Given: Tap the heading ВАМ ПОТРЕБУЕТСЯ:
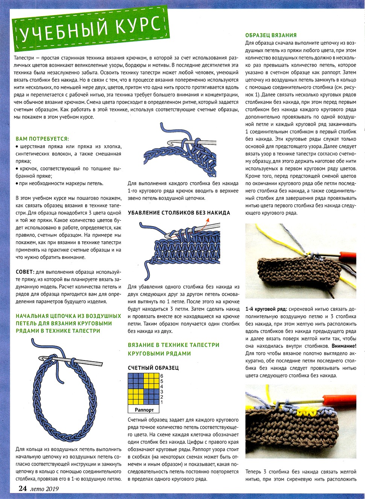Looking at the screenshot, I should (42, 139).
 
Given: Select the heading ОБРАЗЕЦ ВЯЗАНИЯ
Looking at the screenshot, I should (271, 35).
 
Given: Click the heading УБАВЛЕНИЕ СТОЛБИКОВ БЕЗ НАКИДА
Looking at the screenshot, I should (179, 213).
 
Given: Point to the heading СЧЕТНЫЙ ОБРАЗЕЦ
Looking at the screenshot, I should (153, 368).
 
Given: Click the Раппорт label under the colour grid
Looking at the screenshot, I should (144, 410).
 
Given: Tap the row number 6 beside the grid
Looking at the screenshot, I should (162, 376).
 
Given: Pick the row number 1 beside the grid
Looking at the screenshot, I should (162, 402).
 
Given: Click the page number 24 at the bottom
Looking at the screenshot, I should (23, 488).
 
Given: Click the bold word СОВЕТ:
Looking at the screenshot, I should (25, 272).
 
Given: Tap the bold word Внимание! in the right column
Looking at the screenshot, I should (344, 346).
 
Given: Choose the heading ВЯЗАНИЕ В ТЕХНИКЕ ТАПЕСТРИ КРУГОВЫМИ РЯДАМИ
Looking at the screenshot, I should (173, 349).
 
